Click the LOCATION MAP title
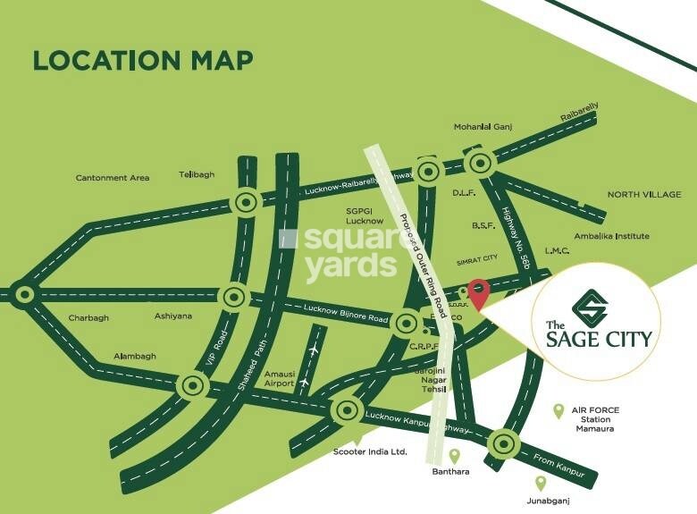(143, 60)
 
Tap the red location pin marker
(479, 293)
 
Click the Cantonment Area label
(113, 178)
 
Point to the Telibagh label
(197, 174)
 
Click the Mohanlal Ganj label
(482, 128)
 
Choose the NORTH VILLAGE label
(644, 194)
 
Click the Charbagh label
(88, 317)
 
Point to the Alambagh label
(135, 356)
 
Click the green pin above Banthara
(454, 456)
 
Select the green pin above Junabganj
(540, 483)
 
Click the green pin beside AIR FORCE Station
(558, 410)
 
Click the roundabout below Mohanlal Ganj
(480, 163)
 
